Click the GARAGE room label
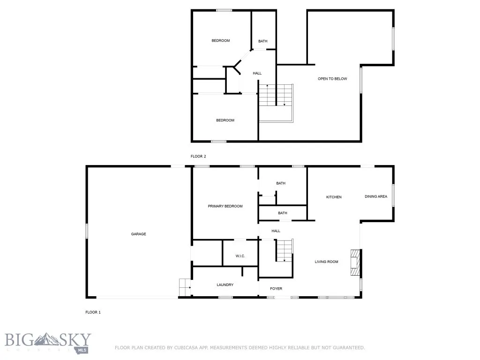pos(138,234)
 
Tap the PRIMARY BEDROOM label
pos(225,206)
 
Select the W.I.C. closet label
pos(240,256)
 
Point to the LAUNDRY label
pos(225,285)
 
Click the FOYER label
pos(276,289)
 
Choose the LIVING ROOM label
pos(326,262)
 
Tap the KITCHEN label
pos(334,197)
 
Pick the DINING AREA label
pos(376,196)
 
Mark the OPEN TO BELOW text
pos(332,79)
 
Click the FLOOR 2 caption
pos(198,156)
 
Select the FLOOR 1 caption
pos(93,312)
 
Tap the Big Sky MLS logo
pos(48,342)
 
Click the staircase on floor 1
pos(284,250)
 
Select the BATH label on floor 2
pos(263,41)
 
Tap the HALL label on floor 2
pos(257,73)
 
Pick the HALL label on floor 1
pos(276,231)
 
